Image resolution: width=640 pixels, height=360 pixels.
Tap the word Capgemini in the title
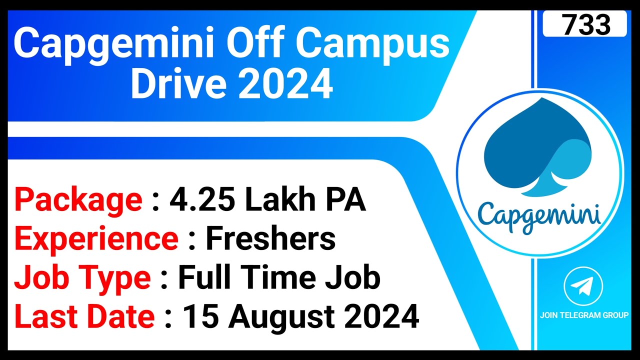pos(118,44)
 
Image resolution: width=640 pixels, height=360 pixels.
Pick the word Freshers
pos(270,239)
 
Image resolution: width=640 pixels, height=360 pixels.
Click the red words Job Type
pos(82,278)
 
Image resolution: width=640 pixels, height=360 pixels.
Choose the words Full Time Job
pos(279,278)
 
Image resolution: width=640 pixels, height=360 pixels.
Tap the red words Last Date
pos(84,317)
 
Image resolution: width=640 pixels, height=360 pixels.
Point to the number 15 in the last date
pos(200,317)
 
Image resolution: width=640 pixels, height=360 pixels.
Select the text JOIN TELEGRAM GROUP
pos(584,315)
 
